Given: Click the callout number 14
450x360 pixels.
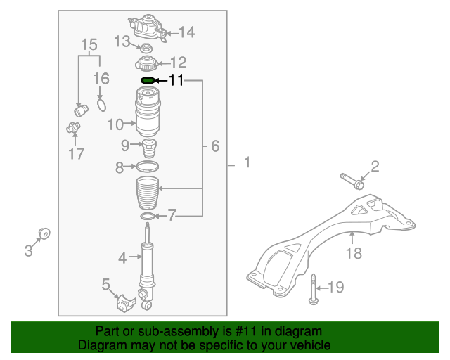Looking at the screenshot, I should point(186,32).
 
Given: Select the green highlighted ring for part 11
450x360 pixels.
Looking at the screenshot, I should point(148,82).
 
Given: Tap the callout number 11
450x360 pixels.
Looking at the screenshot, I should point(175,82).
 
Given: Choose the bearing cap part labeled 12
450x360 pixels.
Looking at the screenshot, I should point(148,64).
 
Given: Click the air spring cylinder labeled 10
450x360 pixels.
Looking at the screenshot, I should point(148,114).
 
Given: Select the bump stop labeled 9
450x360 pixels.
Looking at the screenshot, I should point(148,148).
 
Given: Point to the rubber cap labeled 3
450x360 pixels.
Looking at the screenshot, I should point(44,232).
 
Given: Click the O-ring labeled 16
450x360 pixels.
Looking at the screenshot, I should point(101,105).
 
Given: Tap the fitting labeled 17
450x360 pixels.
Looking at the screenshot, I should point(72,127).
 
